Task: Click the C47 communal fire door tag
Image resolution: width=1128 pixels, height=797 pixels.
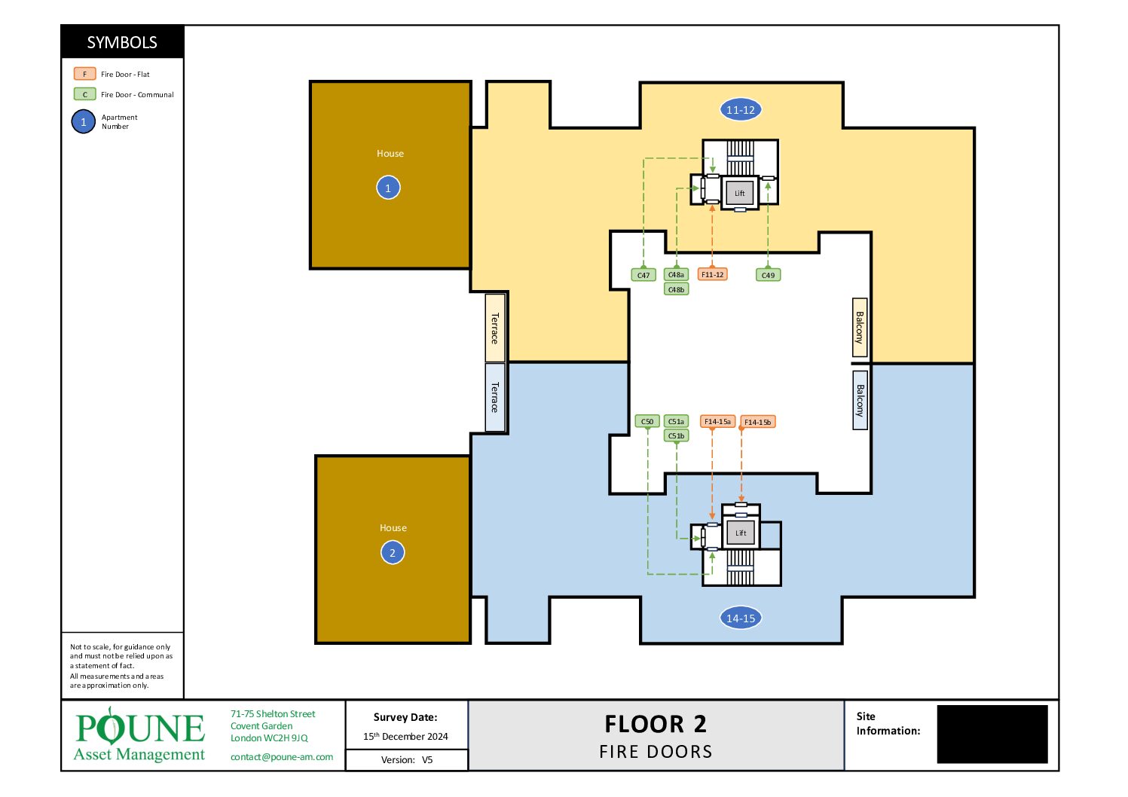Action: (643, 275)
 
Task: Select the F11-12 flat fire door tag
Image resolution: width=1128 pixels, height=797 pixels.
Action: (712, 274)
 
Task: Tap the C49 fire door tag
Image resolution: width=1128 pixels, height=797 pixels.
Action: (768, 275)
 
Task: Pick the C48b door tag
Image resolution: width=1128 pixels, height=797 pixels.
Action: (676, 289)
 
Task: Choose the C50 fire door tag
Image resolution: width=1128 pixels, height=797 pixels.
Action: (647, 421)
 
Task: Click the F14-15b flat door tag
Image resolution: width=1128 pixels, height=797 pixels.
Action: (757, 422)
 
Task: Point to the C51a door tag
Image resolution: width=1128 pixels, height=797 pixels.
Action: (676, 421)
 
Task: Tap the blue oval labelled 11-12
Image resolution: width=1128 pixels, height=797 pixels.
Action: (740, 110)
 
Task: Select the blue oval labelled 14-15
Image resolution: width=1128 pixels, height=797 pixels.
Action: (740, 618)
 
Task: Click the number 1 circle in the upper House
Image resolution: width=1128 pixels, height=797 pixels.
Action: (388, 188)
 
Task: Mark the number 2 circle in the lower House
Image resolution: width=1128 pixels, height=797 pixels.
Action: (393, 552)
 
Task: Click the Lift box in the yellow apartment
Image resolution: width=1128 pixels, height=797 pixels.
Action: (739, 193)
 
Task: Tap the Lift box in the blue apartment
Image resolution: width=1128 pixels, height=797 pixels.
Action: (740, 533)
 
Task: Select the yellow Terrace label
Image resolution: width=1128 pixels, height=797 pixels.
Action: (494, 328)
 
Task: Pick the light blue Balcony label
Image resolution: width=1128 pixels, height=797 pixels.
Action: (860, 400)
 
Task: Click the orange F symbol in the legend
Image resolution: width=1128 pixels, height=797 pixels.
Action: (84, 74)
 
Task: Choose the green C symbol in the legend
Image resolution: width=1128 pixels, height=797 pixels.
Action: (84, 94)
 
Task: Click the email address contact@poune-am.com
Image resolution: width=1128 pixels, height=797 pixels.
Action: (282, 757)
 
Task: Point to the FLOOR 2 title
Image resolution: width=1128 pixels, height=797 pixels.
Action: (656, 724)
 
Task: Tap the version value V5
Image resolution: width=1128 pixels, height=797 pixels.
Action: (427, 760)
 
